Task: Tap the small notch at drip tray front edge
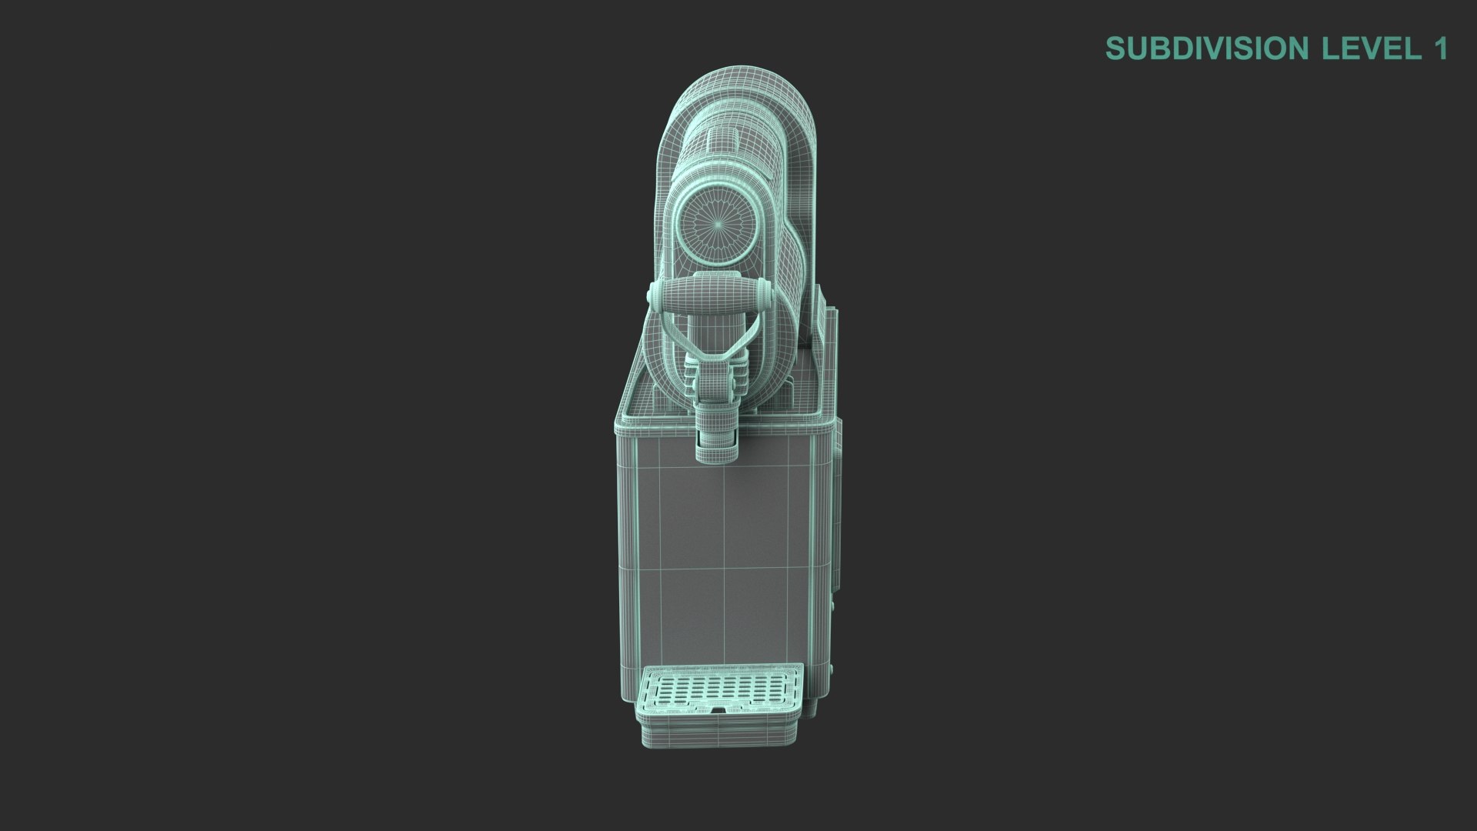pyautogui.click(x=718, y=710)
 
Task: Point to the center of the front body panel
pyautogui.click(x=723, y=554)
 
